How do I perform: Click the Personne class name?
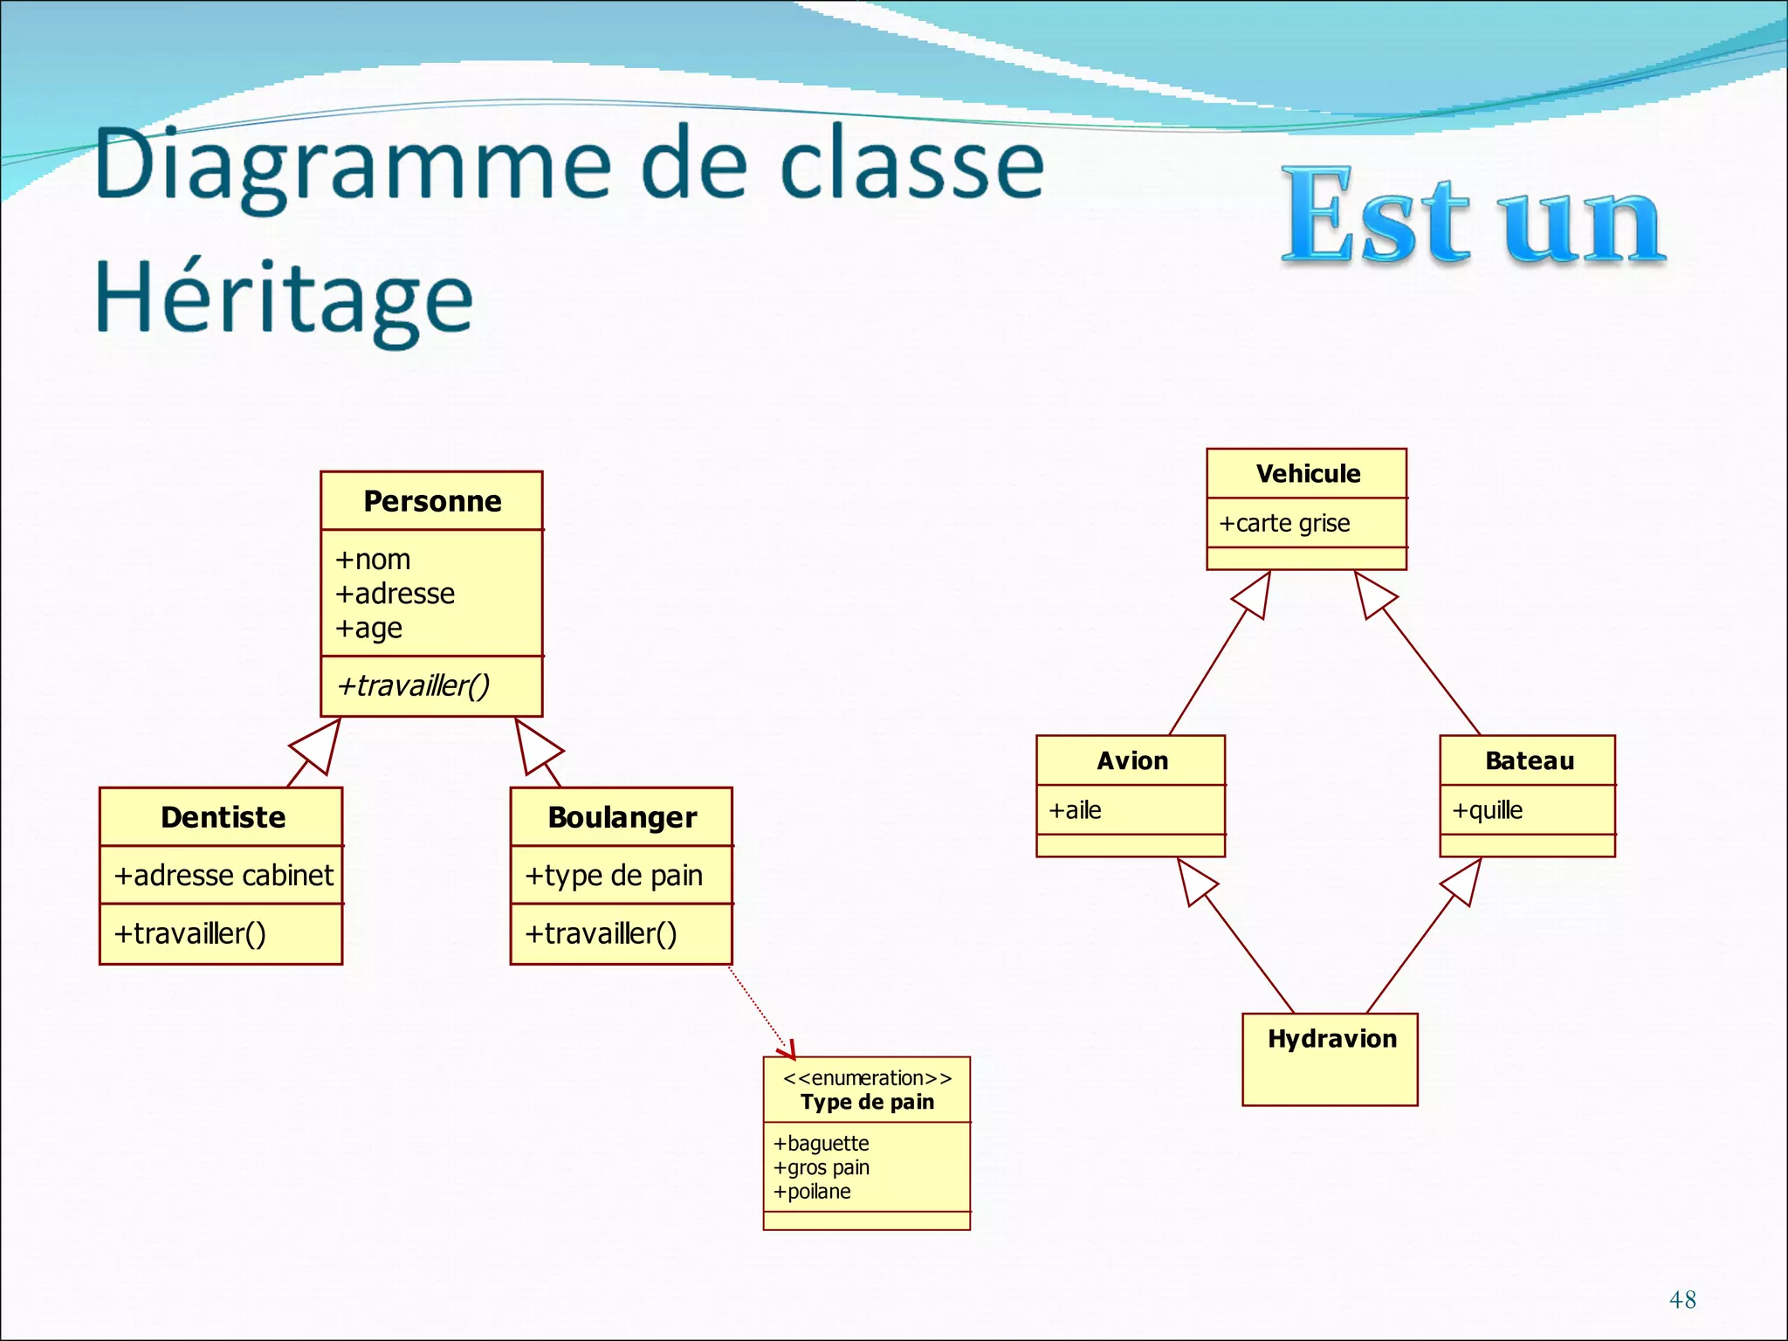432,501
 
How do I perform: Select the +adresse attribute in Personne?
395,594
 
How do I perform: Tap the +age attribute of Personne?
369,629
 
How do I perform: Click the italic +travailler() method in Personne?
413,686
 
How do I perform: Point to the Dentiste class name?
223,817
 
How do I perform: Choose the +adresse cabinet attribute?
223,875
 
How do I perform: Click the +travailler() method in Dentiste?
190,933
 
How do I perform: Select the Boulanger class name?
622,817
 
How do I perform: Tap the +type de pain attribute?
614,875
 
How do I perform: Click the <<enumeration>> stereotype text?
867,1078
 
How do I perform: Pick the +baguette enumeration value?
822,1144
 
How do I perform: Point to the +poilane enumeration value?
812,1192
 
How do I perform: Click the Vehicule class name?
1308,474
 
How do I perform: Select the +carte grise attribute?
1284,523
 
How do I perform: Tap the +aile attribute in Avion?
1076,810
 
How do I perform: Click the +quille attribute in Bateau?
1488,810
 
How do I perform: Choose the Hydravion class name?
1332,1039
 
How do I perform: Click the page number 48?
1682,1300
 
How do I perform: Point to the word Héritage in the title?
284,299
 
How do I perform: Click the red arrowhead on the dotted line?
788,1049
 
